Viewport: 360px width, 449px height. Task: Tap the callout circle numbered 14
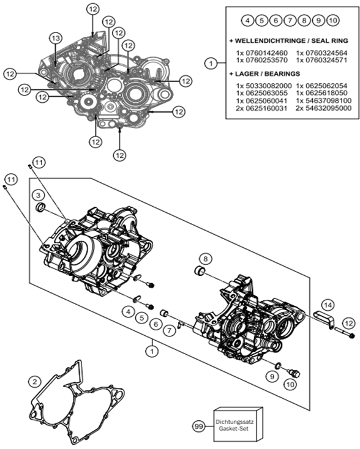click(328, 305)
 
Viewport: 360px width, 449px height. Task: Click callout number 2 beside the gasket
click(35, 382)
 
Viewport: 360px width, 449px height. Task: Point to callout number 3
click(39, 195)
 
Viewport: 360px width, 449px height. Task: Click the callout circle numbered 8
click(205, 259)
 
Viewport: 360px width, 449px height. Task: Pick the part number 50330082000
click(264, 86)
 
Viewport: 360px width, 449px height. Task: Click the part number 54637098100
click(324, 100)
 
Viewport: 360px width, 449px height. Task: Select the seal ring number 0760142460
click(261, 53)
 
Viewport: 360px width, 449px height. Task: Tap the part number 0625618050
click(321, 93)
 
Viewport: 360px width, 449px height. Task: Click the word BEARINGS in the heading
click(282, 73)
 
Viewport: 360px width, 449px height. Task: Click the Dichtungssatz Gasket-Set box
click(239, 425)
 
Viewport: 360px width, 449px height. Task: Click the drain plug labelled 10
click(294, 373)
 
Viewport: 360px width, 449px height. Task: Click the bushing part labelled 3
click(40, 207)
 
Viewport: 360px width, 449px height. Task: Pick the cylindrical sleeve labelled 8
click(200, 270)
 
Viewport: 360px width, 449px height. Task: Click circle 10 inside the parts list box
click(333, 20)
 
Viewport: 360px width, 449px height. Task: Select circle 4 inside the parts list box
click(247, 20)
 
